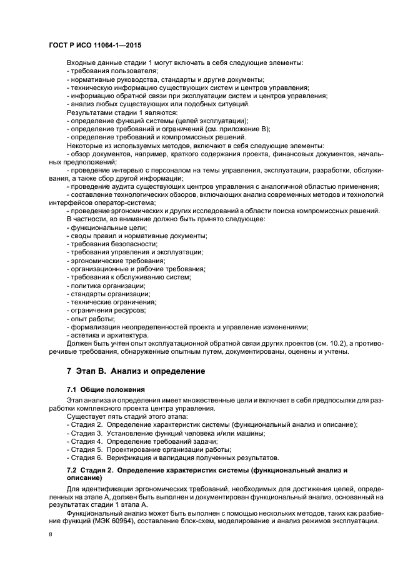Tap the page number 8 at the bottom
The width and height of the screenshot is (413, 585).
pyautogui.click(x=50, y=535)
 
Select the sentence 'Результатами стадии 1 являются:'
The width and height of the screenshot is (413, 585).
pyautogui.click(x=113, y=112)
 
